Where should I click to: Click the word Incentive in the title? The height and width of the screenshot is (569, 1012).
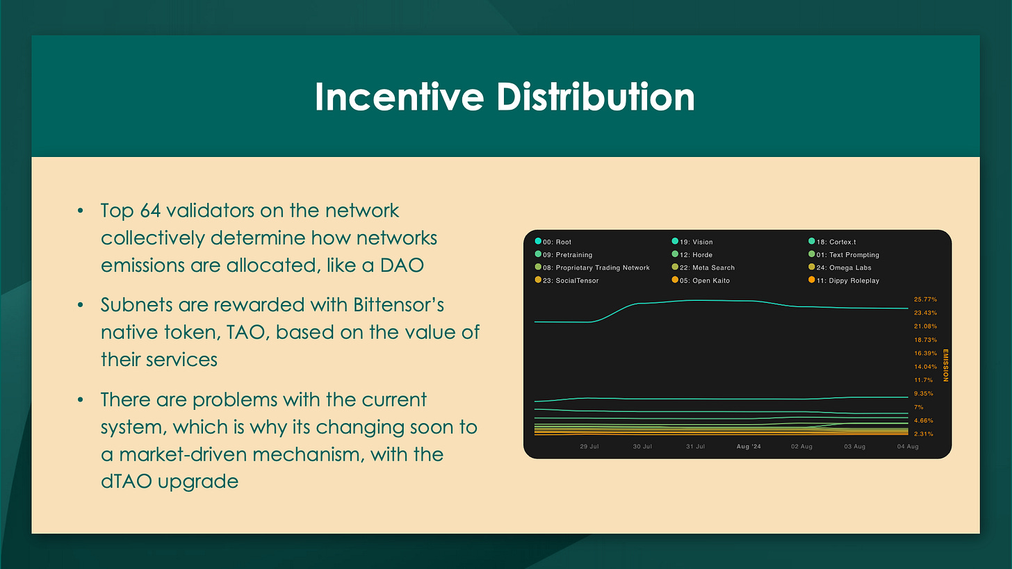coord(400,97)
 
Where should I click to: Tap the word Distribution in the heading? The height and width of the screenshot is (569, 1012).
coord(596,97)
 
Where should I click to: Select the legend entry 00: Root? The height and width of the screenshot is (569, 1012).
coord(553,242)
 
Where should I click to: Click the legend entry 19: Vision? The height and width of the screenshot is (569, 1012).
coord(692,242)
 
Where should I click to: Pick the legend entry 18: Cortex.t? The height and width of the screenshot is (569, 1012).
coord(832,242)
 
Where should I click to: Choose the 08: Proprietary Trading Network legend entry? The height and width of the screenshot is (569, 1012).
coord(592,267)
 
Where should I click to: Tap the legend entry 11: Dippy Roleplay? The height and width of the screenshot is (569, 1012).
coord(844,281)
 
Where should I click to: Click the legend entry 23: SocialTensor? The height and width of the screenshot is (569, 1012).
coord(566,281)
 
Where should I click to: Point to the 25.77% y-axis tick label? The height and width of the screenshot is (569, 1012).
coord(925,299)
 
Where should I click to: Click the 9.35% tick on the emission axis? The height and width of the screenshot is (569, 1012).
coord(924,394)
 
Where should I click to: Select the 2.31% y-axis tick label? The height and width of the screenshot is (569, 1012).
coord(924,434)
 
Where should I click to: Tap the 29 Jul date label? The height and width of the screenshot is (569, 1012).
coord(589,447)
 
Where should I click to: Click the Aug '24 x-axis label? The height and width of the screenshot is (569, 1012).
coord(749,447)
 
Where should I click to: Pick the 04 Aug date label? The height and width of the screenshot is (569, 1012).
coord(908,447)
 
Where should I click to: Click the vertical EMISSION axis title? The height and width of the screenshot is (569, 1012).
coord(945,365)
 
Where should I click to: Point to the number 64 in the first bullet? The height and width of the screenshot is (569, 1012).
coord(150,211)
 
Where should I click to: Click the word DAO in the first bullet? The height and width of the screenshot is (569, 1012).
coord(402,265)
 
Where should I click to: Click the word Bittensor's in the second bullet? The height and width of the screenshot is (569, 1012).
coord(398,305)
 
